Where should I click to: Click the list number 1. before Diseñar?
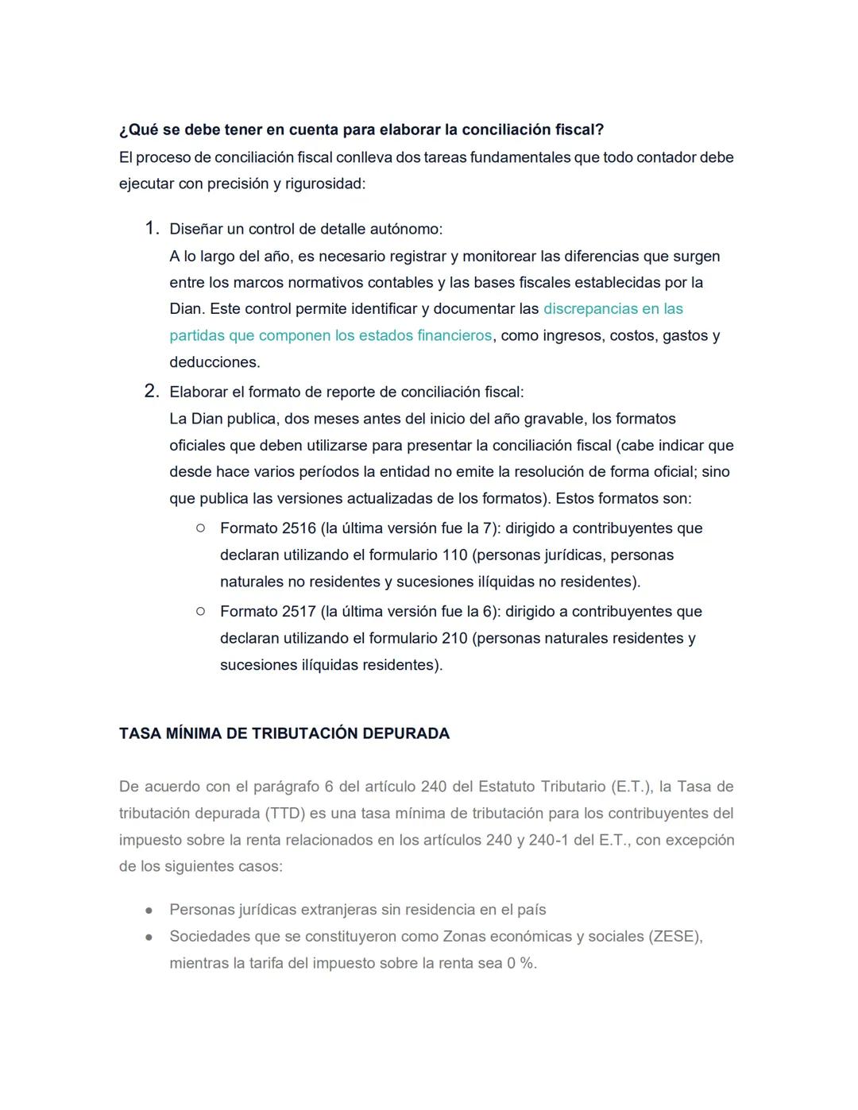point(153,229)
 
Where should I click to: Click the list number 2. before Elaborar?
point(152,392)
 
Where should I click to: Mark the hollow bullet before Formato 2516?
point(200,528)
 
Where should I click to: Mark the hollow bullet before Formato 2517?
point(200,611)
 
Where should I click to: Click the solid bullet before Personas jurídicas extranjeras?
point(149,910)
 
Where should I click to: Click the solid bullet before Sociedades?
point(149,937)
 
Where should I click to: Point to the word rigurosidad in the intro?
point(324,184)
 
